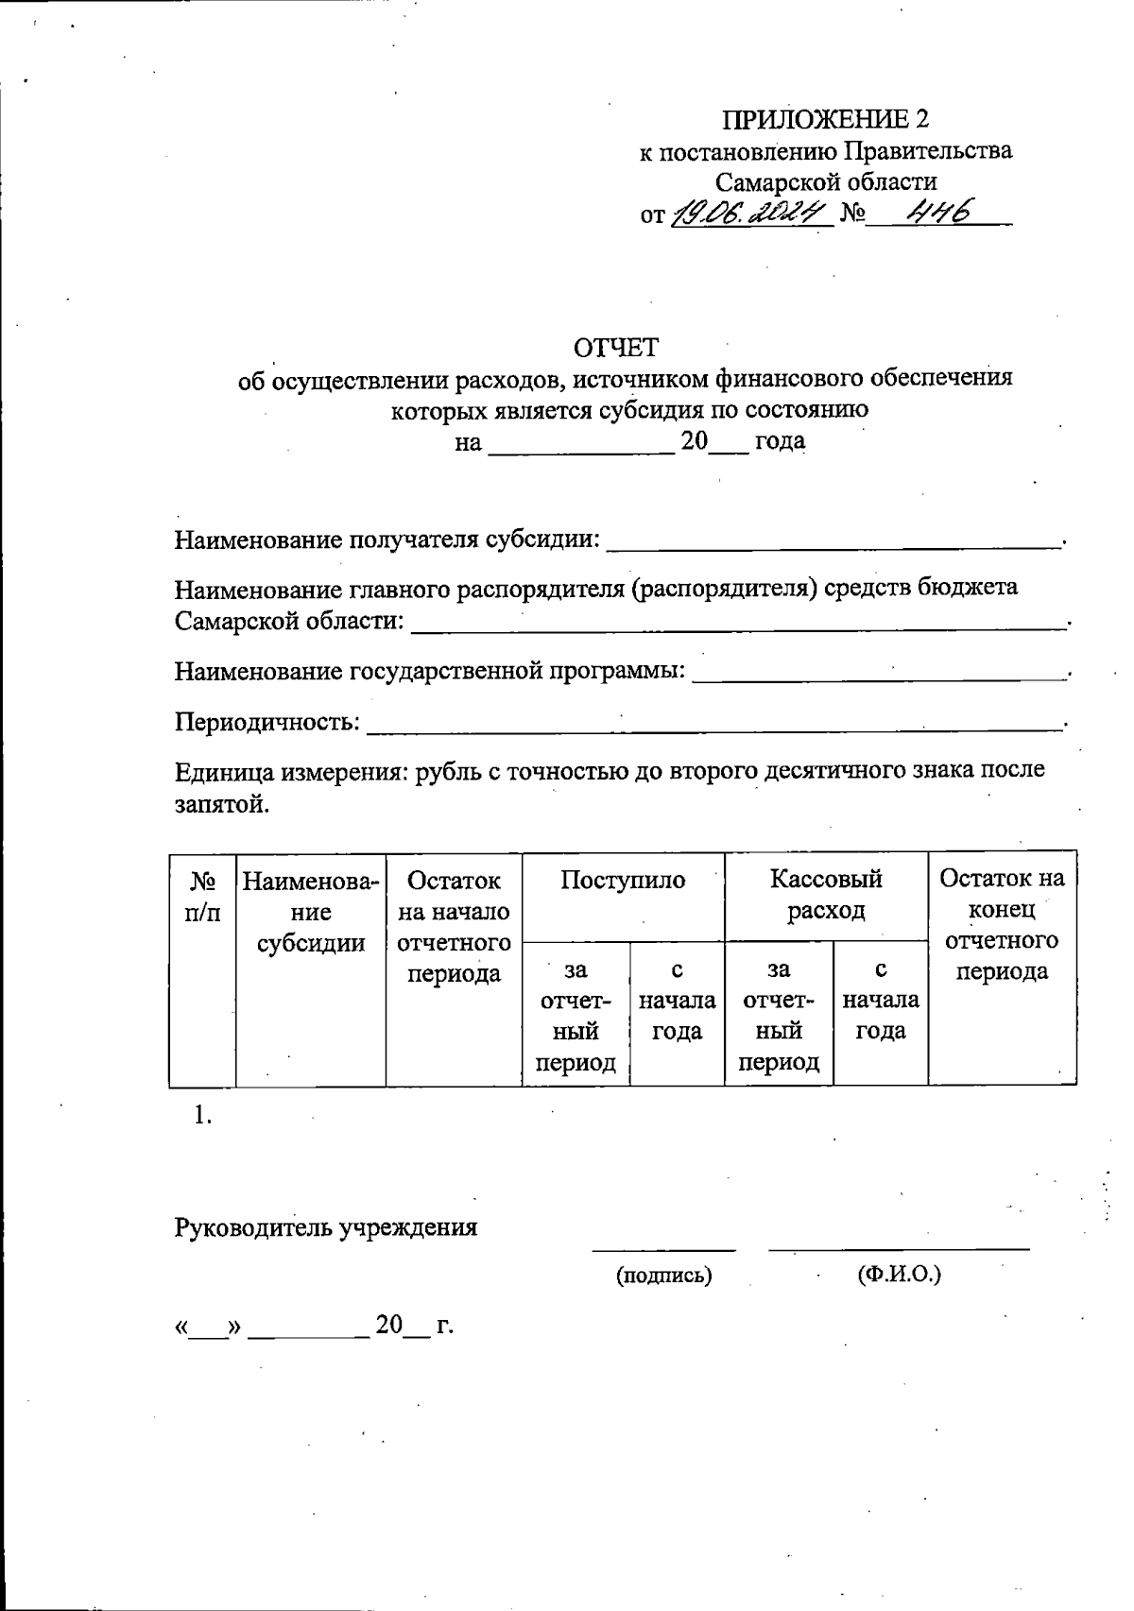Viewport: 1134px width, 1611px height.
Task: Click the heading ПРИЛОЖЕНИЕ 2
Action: pos(826,119)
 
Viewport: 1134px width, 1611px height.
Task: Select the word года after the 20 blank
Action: pos(780,441)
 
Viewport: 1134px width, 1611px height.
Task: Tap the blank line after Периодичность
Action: pos(713,725)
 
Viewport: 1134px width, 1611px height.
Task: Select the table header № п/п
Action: pos(203,896)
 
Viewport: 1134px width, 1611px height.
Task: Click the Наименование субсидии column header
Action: pos(311,912)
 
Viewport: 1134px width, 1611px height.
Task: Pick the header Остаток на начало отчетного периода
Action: pos(454,926)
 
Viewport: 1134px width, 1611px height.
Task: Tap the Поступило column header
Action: pos(623,881)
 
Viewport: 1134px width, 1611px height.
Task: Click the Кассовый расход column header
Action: pos(826,895)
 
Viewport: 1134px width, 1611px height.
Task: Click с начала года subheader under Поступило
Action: pos(678,1000)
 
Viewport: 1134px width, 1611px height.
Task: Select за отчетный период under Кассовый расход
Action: pos(779,1015)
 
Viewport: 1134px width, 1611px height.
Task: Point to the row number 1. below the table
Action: pos(202,1115)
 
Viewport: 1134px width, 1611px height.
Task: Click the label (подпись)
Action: pos(663,1276)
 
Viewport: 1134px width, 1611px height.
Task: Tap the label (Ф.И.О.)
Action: pos(899,1275)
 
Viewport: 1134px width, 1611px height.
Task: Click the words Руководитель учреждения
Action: pos(326,1227)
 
